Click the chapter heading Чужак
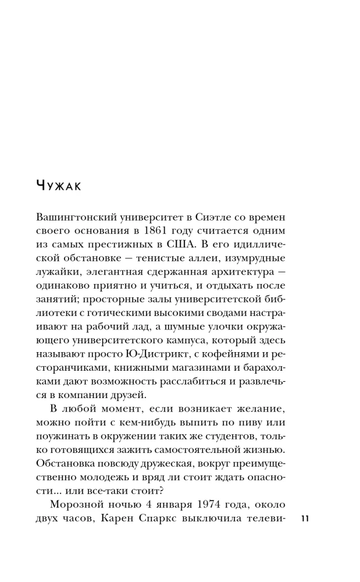(x=60, y=186)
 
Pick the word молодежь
(x=85, y=473)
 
